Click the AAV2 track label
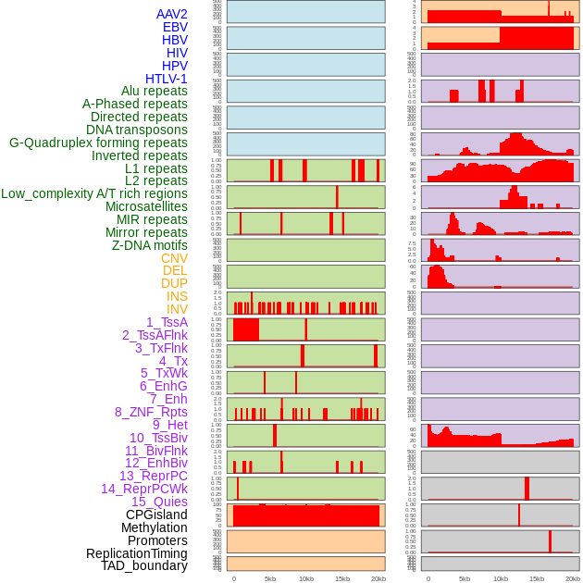(x=171, y=14)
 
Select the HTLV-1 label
(x=166, y=79)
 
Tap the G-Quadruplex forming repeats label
(x=98, y=143)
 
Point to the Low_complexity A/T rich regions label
(x=94, y=193)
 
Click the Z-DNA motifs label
(x=149, y=245)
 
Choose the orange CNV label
(x=174, y=258)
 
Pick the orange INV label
(x=177, y=309)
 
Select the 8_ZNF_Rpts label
(x=151, y=412)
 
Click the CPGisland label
(x=156, y=515)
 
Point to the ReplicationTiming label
(x=136, y=553)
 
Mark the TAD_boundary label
(x=144, y=565)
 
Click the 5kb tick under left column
(x=270, y=578)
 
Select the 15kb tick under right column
(x=536, y=578)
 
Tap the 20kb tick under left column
(x=378, y=578)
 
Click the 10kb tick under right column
(x=500, y=578)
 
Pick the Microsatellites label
(x=146, y=206)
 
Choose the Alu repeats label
(x=155, y=91)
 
